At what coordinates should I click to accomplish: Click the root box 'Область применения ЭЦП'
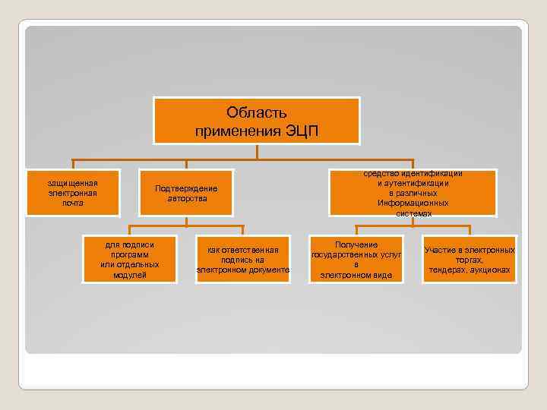tap(257, 121)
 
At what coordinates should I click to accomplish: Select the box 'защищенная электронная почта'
tap(72, 193)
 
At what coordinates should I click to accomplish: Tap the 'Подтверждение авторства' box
tap(186, 193)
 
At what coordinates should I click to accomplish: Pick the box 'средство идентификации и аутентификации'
tap(413, 193)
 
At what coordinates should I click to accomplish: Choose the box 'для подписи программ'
tap(129, 259)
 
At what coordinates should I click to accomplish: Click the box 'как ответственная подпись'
tap(243, 259)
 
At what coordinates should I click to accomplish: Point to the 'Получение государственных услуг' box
tap(356, 259)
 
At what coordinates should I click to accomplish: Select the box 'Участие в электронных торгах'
tap(470, 259)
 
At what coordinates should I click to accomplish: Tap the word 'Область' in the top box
tap(257, 113)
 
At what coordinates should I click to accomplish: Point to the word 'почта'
tap(73, 203)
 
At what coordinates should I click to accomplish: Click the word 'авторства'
tap(186, 198)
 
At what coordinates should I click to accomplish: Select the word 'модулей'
tap(129, 275)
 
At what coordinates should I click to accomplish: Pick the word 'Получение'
tap(356, 244)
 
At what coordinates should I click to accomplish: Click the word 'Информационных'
tap(413, 203)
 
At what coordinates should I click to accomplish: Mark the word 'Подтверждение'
tap(186, 188)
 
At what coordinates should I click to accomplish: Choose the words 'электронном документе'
tap(243, 270)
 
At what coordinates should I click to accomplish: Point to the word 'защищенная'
tap(73, 183)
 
